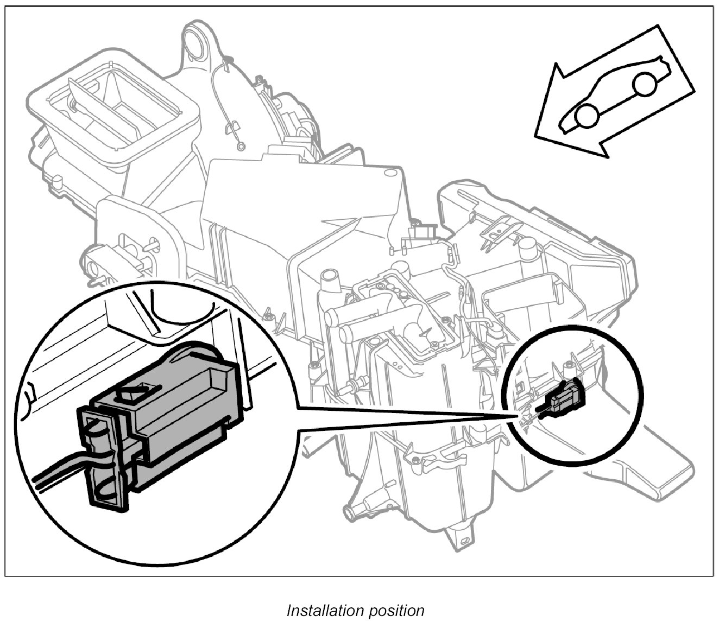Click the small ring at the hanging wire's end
[241, 146]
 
